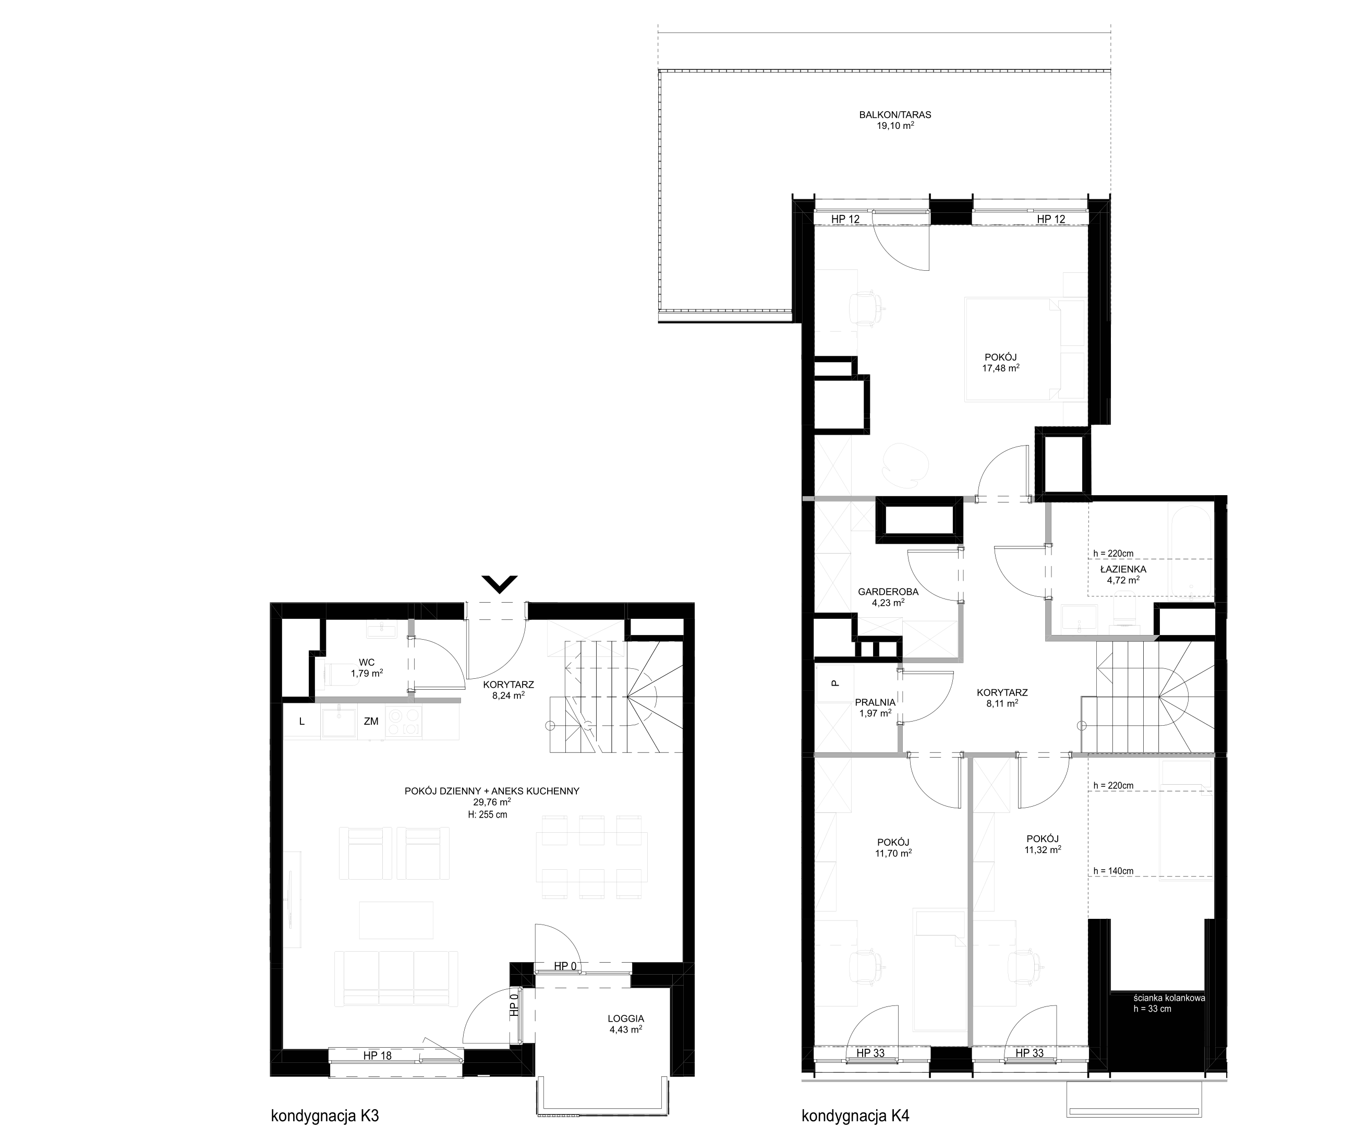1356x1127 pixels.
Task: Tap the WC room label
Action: pos(367,662)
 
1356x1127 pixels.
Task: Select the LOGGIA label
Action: pos(626,1018)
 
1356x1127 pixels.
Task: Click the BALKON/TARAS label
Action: pos(895,115)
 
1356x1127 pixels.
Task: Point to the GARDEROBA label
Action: pos(888,592)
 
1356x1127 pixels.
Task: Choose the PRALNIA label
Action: pos(875,703)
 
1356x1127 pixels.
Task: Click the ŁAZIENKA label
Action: pos(1123,569)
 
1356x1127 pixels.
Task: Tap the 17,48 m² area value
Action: pos(1001,368)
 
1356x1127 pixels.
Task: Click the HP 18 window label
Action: pos(377,1056)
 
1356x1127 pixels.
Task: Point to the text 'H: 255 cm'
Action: pos(488,815)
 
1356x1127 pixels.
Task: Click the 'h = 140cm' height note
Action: pos(1113,871)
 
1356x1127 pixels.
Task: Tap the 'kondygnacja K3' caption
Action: pos(324,1116)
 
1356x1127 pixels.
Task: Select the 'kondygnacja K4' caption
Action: pos(855,1116)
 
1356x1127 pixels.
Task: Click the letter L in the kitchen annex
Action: pos(301,722)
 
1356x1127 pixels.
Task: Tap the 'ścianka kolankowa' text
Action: pos(1169,998)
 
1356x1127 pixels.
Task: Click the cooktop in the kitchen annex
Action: pos(404,722)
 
